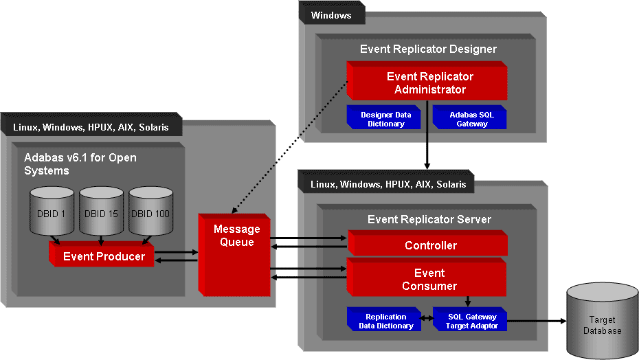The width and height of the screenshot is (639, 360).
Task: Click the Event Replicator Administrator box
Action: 427,83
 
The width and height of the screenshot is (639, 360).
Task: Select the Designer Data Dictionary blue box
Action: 385,119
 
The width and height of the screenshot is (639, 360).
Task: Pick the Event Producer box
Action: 104,256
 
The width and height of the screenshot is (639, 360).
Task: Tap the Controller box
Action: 430,245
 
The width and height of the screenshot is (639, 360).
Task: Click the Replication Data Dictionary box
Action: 385,321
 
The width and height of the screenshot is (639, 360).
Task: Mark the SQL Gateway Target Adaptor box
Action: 471,321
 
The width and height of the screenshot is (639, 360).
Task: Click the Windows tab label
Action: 331,15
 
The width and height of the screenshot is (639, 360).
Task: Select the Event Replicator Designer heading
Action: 428,49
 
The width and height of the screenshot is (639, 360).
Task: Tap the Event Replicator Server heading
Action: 429,220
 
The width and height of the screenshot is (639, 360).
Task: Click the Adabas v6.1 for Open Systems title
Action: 80,164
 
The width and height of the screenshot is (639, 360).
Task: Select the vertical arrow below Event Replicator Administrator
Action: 427,135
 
